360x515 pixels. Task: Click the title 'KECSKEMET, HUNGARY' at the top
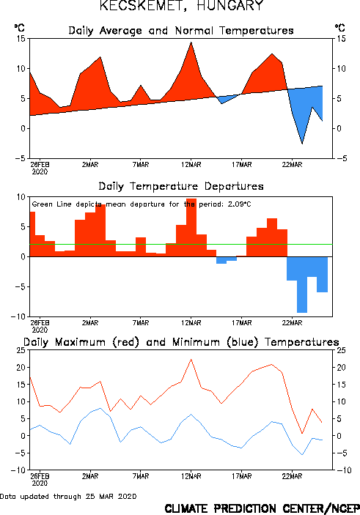tap(182, 6)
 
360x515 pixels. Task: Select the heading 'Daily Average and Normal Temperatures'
tap(181, 31)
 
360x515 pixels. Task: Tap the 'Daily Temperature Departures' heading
tap(181, 186)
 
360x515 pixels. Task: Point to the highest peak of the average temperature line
tap(191, 42)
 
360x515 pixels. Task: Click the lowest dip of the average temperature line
tap(302, 144)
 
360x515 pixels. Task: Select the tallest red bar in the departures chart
tap(191, 228)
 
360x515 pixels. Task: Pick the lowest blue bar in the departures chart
tap(302, 285)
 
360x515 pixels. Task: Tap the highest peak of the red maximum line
tap(191, 359)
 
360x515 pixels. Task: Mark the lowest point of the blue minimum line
tap(302, 455)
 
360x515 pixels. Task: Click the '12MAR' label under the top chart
tap(191, 165)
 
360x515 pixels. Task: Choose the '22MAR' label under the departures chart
tap(292, 323)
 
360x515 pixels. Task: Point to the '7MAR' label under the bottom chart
tap(141, 476)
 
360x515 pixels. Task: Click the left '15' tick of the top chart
tap(21, 39)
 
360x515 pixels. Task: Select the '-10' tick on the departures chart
tap(18, 316)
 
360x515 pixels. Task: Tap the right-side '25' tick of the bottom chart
tap(341, 350)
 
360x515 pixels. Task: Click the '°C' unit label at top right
tap(340, 28)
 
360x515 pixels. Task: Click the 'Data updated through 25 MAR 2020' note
tap(68, 496)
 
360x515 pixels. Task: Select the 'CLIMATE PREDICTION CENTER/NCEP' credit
tap(262, 508)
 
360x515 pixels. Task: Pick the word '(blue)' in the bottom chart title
tap(243, 342)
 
